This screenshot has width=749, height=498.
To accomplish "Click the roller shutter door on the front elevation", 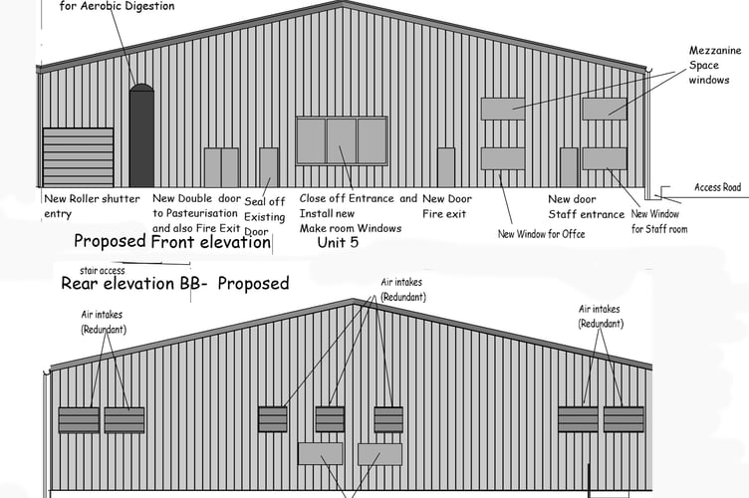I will pos(78,156).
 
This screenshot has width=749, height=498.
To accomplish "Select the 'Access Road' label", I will pos(717,187).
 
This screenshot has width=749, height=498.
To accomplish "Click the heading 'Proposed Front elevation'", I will pos(172,241).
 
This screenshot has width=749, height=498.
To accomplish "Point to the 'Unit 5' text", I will pos(338,242).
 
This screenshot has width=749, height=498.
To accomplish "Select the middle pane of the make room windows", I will pos(342,140).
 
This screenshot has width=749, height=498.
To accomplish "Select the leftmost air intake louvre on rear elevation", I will pos(78,419).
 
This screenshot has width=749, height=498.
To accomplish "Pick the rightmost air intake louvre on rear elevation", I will pos(624,418).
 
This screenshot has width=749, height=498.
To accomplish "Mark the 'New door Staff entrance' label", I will pos(586,206).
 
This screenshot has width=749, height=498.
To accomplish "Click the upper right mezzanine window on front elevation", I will pos(605,109).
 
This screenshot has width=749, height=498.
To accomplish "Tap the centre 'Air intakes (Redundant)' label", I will pos(402,290).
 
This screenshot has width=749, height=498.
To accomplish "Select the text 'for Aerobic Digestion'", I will pos(117,6).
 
